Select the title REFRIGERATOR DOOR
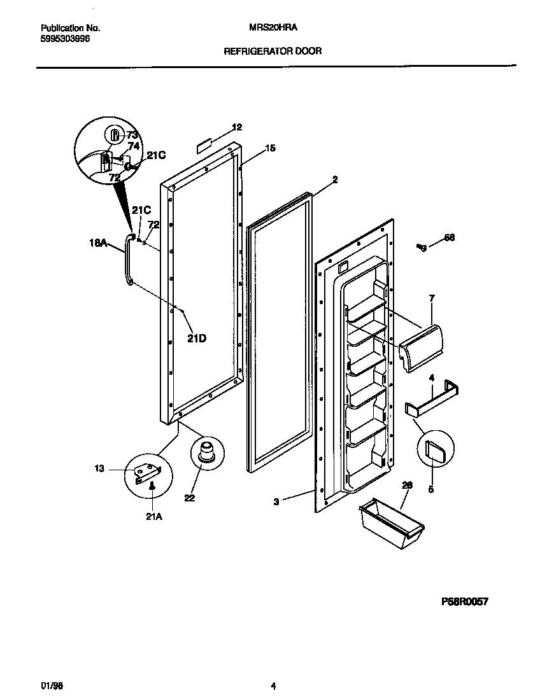point(273,51)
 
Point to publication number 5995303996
point(65,39)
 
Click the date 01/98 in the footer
point(50,685)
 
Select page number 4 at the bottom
point(273,685)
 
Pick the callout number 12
point(237,127)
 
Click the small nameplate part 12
point(204,145)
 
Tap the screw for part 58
point(421,247)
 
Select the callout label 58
point(450,238)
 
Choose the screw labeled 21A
point(152,486)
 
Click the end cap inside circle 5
point(435,451)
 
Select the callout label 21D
point(197,339)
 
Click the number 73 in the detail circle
point(132,135)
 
